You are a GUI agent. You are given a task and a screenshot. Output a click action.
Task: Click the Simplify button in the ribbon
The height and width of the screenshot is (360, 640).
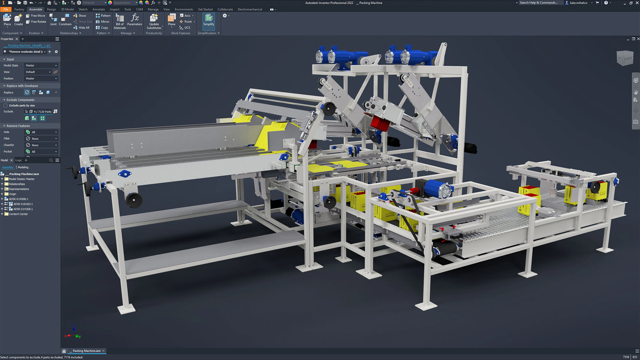coord(209,20)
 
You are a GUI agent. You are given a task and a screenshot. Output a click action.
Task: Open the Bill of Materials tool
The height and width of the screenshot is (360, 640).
coord(120,22)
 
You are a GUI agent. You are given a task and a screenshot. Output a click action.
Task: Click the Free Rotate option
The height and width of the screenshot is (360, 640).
coord(36,22)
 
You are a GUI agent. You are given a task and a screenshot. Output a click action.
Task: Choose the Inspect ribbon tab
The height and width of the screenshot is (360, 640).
coord(114,9)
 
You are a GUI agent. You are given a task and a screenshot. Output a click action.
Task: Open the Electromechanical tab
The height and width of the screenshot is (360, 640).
coord(250,9)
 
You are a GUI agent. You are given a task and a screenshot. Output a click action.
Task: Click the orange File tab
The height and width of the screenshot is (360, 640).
coord(6,9)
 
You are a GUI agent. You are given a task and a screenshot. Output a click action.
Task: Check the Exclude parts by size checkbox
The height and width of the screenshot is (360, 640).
coord(6,105)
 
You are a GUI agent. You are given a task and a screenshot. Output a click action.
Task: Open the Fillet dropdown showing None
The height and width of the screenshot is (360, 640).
coord(41,139)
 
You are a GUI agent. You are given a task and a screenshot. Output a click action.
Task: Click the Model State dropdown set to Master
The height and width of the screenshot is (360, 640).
coord(41,65)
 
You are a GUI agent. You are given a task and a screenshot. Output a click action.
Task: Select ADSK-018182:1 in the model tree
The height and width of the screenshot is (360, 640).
coord(23,204)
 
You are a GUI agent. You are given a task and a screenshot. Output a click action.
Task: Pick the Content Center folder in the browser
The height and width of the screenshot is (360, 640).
coord(18,214)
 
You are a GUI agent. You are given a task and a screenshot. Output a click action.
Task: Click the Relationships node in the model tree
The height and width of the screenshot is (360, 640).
coord(17,184)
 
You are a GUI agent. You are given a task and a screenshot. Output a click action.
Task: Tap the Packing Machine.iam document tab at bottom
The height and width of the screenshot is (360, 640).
coord(87,351)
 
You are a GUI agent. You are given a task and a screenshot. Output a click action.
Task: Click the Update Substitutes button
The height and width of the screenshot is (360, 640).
coord(154,22)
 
